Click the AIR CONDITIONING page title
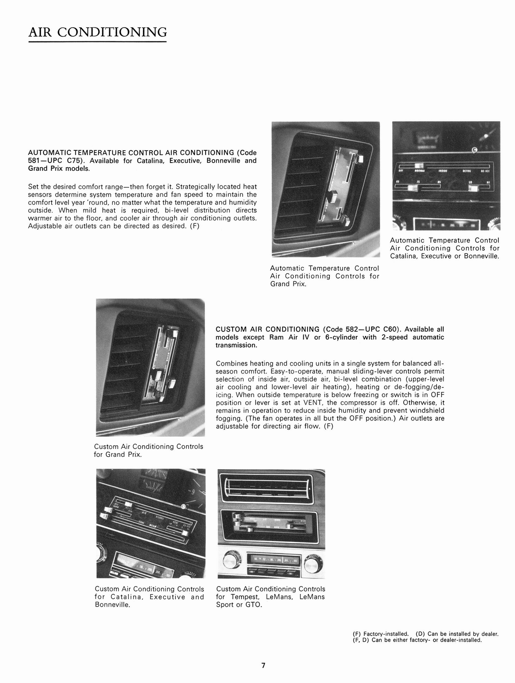[x=97, y=32]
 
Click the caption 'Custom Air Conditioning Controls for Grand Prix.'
[x=148, y=450]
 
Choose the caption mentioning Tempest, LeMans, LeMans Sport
[x=271, y=597]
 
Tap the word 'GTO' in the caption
[x=254, y=605]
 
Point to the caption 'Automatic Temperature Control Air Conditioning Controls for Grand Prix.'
[x=325, y=276]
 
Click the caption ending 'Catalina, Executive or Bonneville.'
[x=445, y=248]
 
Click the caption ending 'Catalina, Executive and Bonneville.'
[x=149, y=597]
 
